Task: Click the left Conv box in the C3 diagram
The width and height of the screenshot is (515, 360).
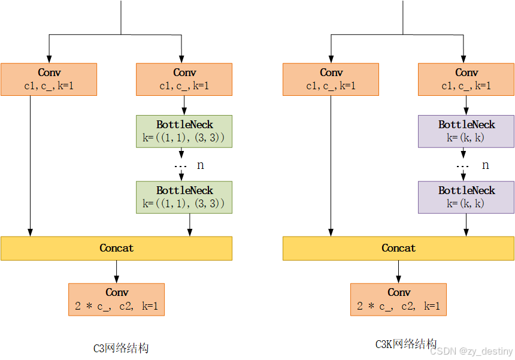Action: click(49, 79)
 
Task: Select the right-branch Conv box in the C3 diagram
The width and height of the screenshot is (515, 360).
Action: click(184, 79)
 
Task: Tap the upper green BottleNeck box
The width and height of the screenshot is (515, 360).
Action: click(184, 131)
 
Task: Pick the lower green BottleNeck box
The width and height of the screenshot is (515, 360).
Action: click(184, 197)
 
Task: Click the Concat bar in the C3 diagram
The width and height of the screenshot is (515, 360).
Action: click(116, 248)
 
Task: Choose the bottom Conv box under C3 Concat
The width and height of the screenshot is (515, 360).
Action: click(116, 300)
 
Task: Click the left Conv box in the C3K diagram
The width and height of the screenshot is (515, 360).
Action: click(331, 79)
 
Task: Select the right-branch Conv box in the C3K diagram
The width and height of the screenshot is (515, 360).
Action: click(466, 79)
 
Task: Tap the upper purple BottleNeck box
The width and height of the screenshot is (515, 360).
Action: click(466, 131)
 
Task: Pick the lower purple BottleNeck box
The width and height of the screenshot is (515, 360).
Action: click(466, 197)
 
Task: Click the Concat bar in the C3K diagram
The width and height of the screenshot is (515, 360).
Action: click(398, 248)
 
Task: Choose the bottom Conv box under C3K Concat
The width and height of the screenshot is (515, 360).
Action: click(398, 300)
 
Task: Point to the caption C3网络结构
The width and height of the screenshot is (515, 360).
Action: click(120, 348)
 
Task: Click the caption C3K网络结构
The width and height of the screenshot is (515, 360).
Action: click(405, 344)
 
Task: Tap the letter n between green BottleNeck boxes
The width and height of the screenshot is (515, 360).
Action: click(201, 165)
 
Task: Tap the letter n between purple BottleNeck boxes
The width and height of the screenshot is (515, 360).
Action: click(485, 165)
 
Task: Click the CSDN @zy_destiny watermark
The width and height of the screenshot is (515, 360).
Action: click(471, 352)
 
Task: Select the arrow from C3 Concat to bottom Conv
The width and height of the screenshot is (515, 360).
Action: click(116, 271)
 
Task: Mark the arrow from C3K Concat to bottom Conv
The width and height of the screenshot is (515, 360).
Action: click(398, 271)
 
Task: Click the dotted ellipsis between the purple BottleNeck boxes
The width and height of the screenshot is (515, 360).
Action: click(462, 166)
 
